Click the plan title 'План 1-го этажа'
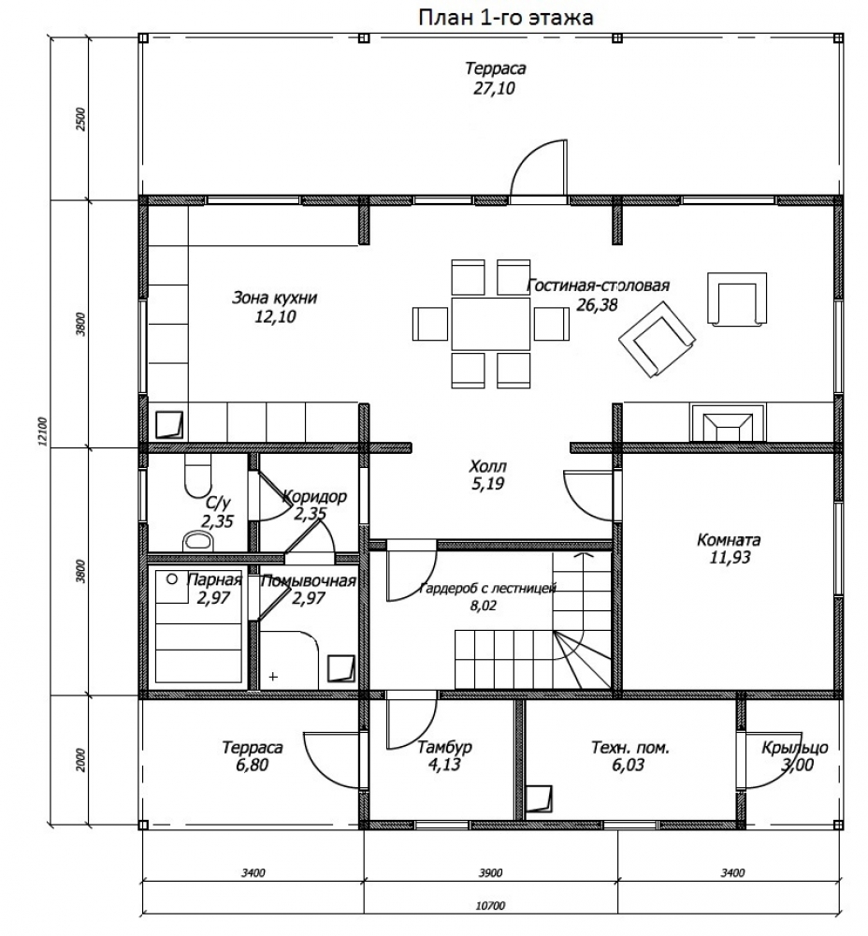click(505, 18)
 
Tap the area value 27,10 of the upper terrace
click(493, 88)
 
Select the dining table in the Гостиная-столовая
click(490, 324)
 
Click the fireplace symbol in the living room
click(728, 423)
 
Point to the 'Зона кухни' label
click(274, 298)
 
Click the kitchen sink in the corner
click(169, 424)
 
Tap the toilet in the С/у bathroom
click(198, 475)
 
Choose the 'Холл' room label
click(488, 465)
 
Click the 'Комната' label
click(729, 540)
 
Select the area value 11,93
click(731, 558)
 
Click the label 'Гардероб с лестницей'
click(488, 589)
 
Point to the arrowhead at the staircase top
click(584, 555)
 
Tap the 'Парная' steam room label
click(215, 579)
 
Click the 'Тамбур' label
click(445, 747)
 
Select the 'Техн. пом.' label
click(630, 747)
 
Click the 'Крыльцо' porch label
click(795, 747)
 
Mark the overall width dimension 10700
click(490, 906)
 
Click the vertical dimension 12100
click(43, 432)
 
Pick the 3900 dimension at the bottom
click(490, 873)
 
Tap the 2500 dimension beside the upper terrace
click(81, 120)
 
